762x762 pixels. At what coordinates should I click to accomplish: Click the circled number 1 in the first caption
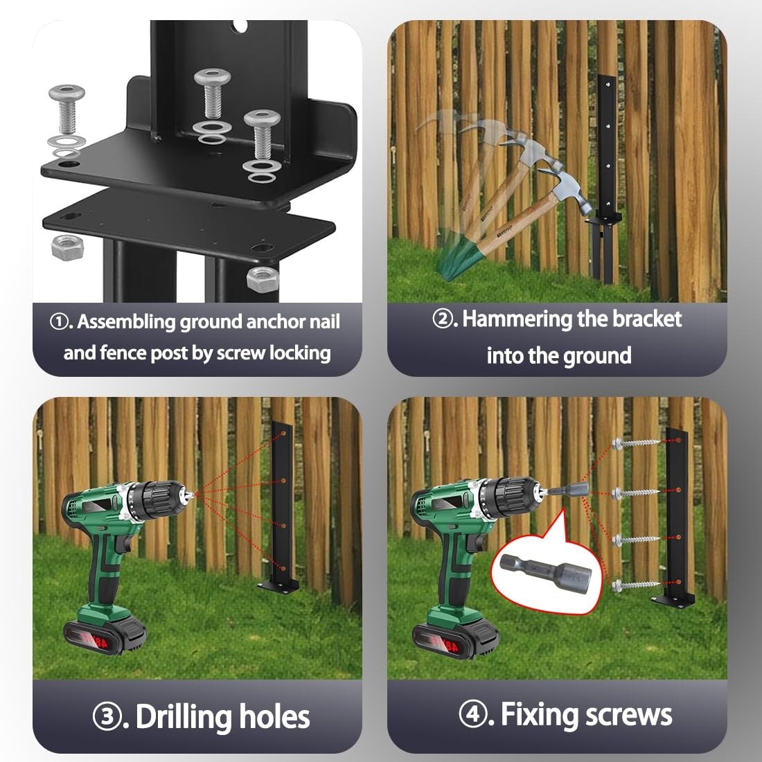59,321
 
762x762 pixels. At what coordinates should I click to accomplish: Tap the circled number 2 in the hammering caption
442,319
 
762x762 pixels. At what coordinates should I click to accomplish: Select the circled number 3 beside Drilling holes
107,717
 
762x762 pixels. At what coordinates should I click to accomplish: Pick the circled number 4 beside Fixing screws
472,714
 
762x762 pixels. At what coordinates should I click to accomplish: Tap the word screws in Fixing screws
629,716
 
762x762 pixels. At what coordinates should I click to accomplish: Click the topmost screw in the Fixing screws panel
635,443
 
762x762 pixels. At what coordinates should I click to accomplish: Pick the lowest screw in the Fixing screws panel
635,585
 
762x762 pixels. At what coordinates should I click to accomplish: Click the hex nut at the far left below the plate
68,247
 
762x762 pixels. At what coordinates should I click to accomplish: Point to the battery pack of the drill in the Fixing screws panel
455,637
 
